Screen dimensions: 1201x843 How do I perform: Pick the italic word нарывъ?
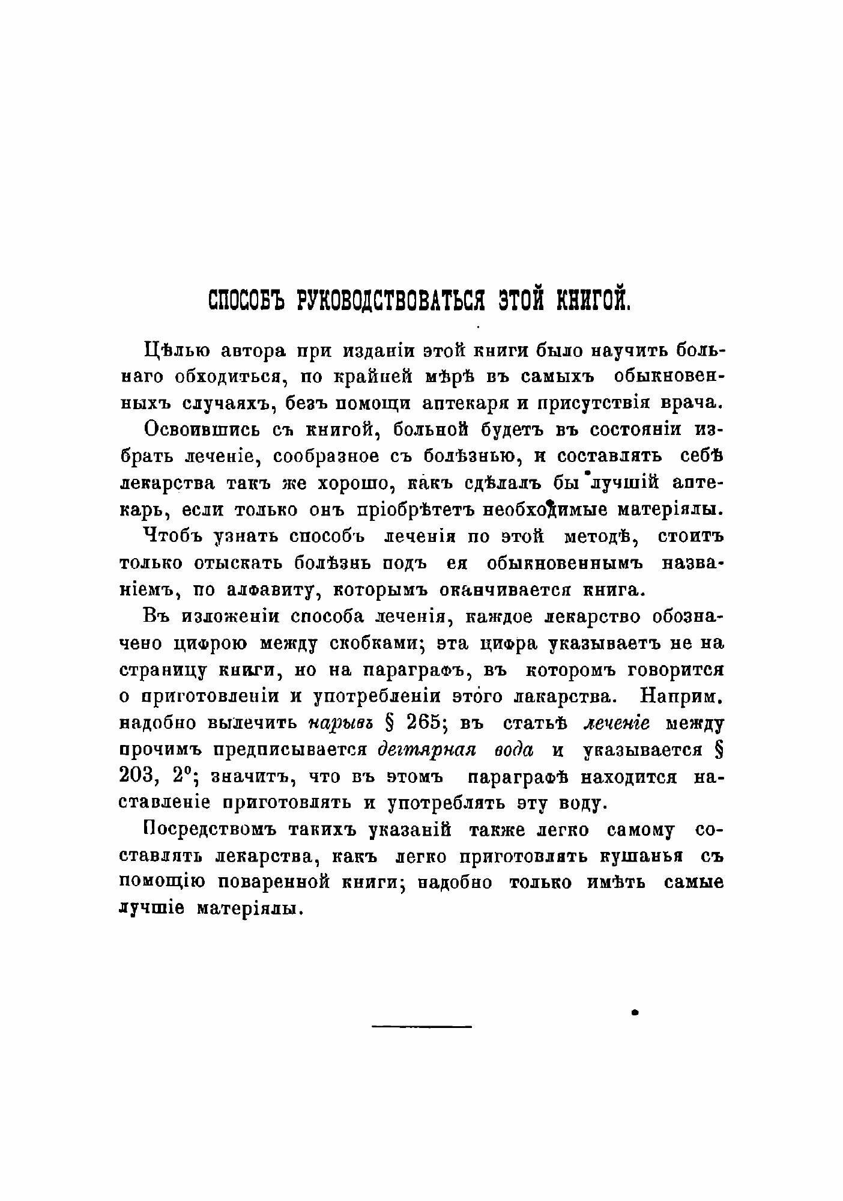pos(340,723)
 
